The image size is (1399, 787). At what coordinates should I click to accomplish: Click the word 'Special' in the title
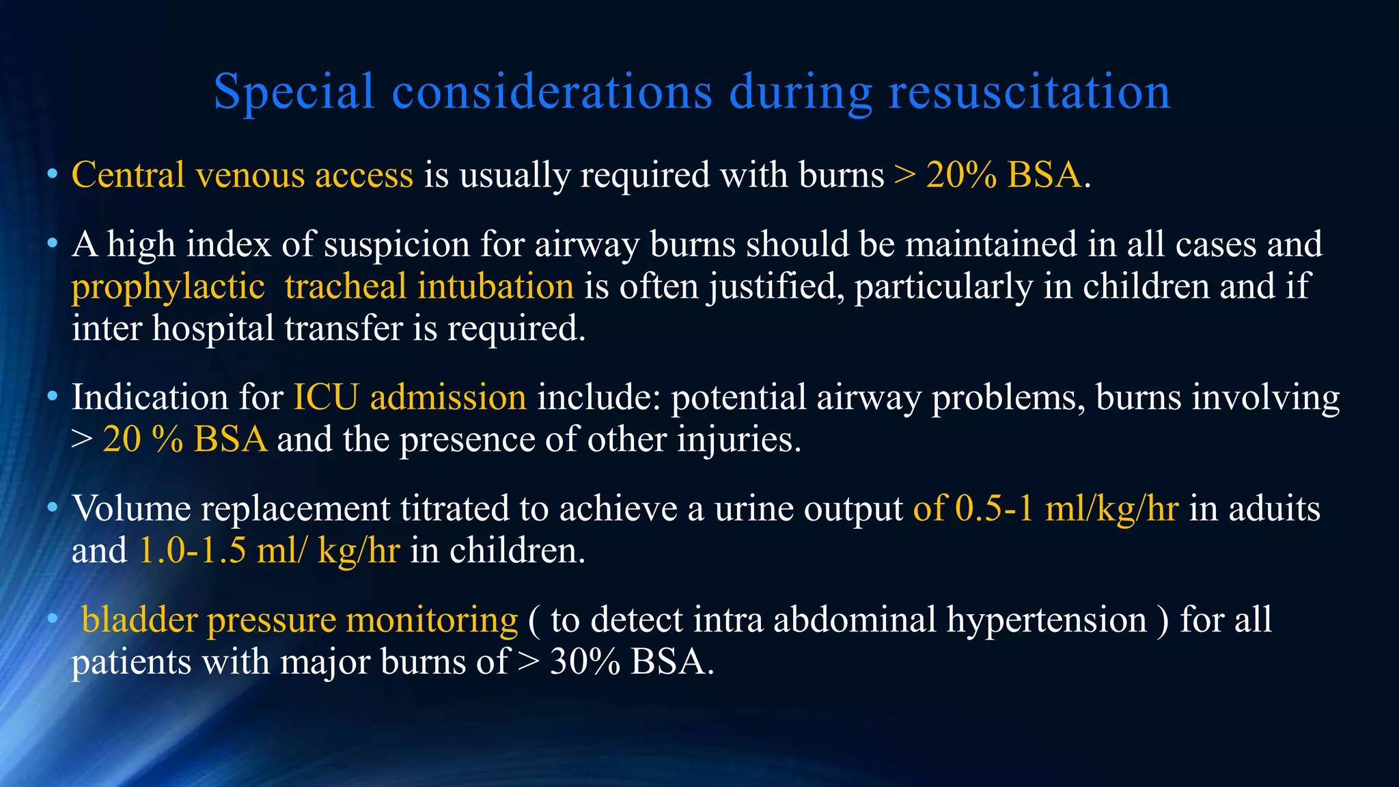tap(294, 92)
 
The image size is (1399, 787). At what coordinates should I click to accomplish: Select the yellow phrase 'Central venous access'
tap(243, 175)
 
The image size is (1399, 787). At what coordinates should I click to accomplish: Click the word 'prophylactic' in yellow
tap(168, 286)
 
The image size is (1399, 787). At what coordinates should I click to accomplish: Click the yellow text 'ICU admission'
tap(410, 397)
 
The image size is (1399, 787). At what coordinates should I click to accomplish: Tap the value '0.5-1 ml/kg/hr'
tap(1066, 509)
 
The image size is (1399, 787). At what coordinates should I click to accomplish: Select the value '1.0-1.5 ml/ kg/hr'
tap(269, 551)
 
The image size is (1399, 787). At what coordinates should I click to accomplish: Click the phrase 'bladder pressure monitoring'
tap(300, 620)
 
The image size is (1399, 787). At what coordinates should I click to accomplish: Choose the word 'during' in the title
tap(801, 92)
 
